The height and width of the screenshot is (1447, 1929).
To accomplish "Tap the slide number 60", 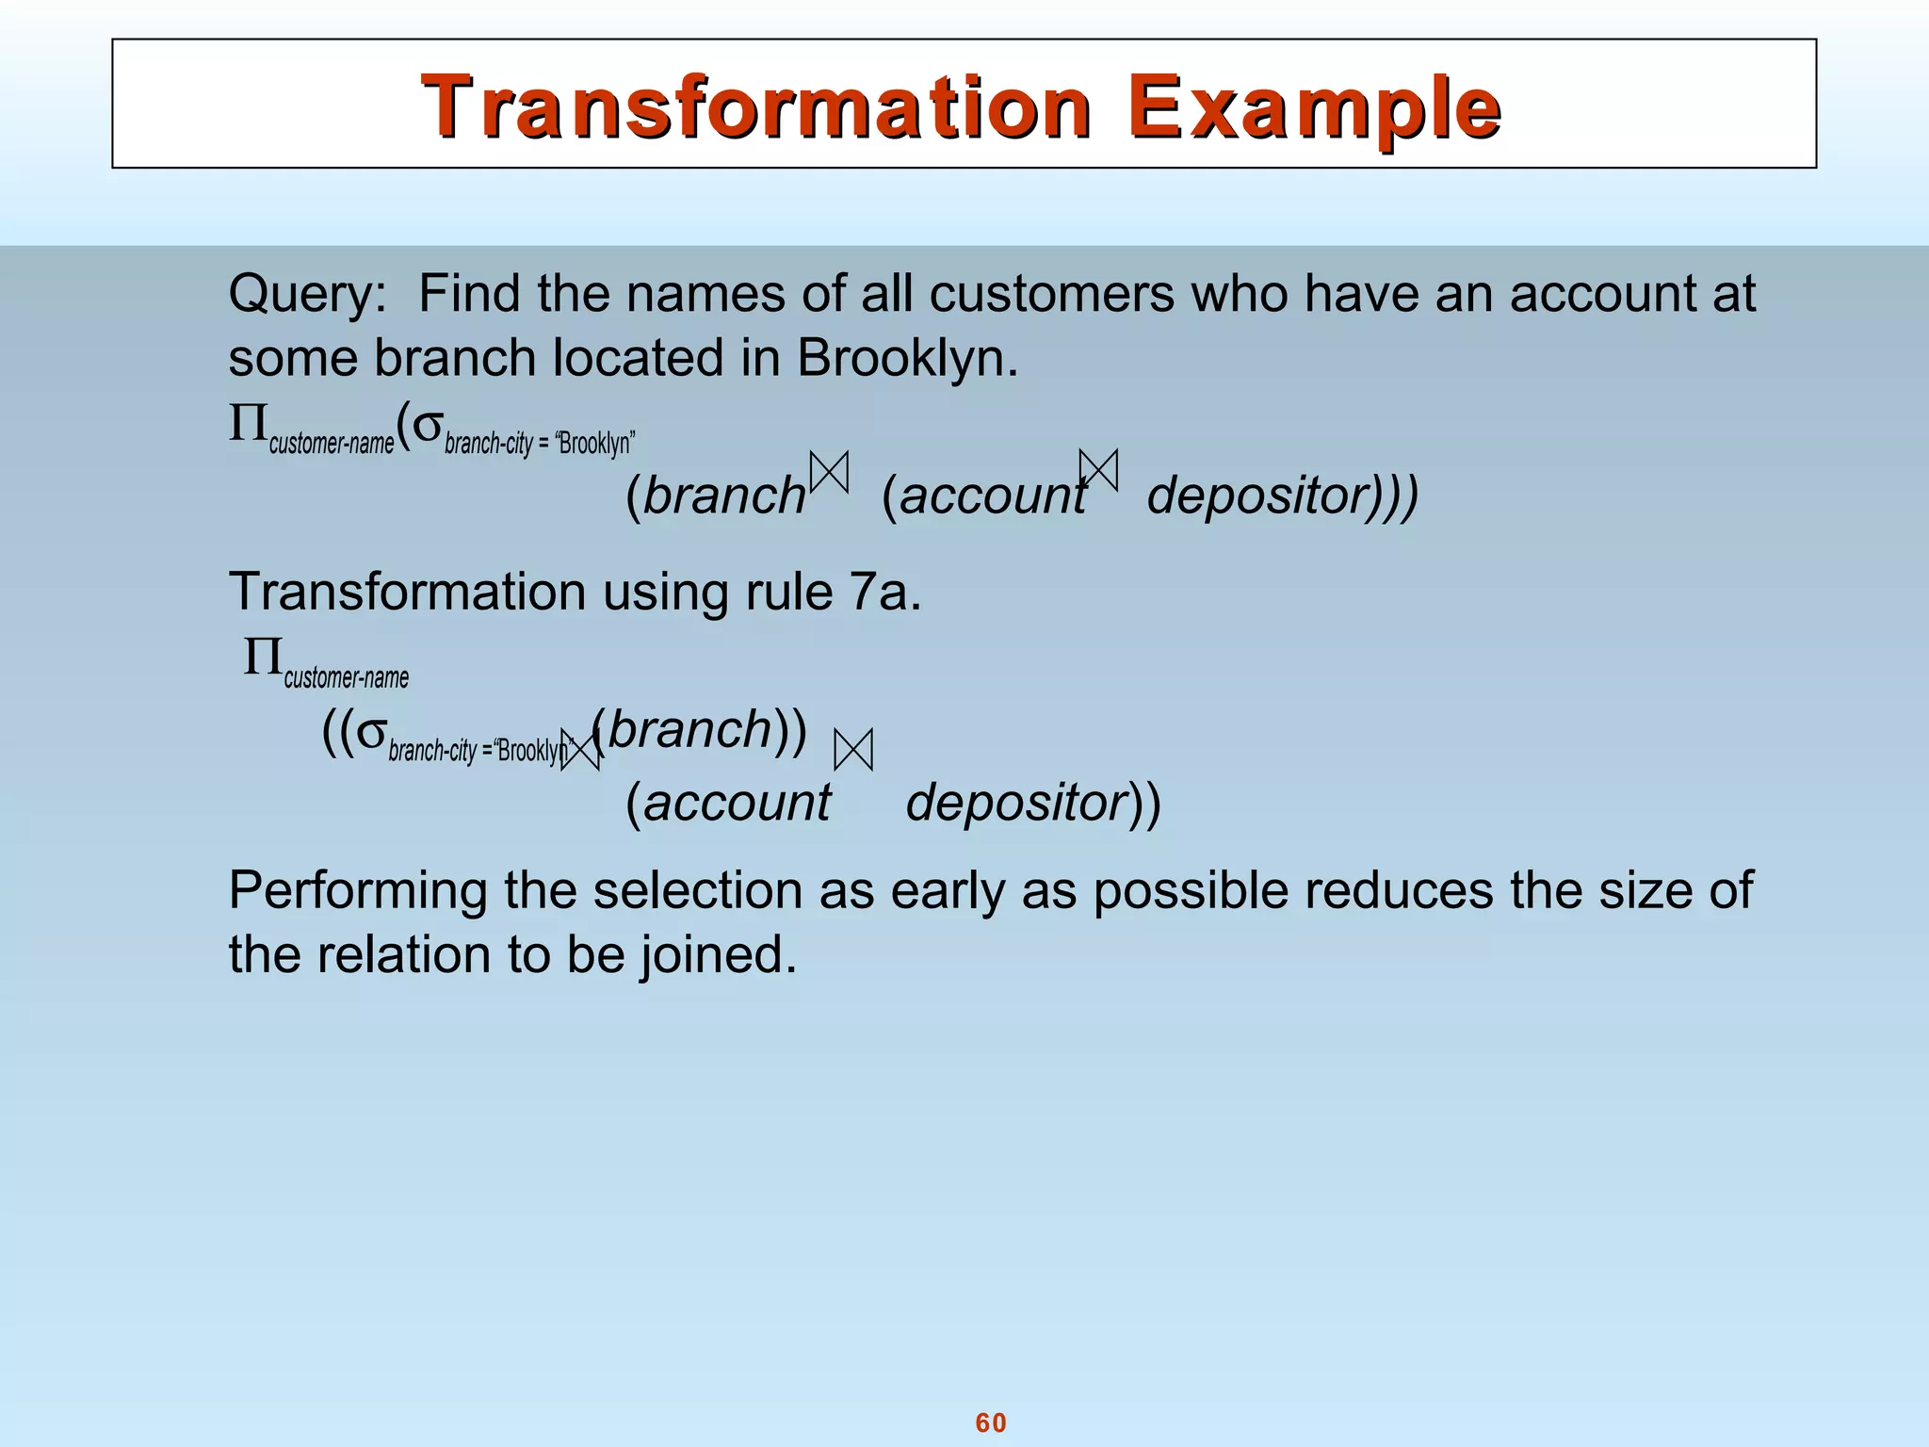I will pos(991,1423).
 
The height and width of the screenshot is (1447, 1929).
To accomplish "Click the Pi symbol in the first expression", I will pos(248,425).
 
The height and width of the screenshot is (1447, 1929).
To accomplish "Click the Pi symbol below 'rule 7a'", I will pos(263,657).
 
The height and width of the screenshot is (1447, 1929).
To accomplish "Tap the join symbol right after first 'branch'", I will pos(830,471).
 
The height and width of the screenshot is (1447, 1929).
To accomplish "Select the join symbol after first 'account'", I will pos(1098,470).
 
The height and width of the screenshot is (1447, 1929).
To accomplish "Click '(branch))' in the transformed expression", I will pos(702,730).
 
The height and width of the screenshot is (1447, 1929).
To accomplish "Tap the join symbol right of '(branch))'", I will pos(853,750).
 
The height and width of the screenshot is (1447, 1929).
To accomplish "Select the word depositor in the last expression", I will pos(1017,803).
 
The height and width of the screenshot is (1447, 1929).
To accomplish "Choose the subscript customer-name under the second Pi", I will pos(347,678).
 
